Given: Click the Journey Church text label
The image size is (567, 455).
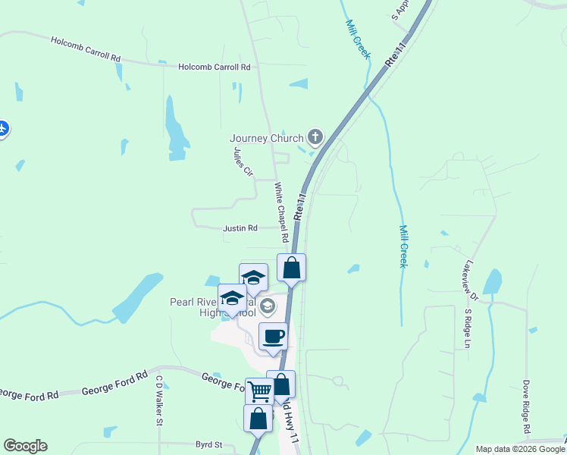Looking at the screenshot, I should pos(266,138).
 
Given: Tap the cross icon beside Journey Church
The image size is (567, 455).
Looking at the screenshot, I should pos(315,137).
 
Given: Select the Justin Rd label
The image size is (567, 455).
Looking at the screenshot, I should pos(240,228).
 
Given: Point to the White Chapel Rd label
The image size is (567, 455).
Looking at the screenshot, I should pos(282,212).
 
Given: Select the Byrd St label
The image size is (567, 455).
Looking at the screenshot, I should pos(208,444).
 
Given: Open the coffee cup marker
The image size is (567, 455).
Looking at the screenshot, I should pos(273,336).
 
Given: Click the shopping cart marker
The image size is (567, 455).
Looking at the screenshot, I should pos(259,391).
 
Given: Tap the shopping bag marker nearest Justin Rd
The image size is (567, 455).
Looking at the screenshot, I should pos(292,267).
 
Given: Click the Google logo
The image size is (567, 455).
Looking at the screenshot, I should pos(25,446).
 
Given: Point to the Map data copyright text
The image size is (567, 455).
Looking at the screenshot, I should pos(520,449).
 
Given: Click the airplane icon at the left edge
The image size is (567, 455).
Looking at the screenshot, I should pos(3,128).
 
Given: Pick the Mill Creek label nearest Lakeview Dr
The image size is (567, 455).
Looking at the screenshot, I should pos(404,246).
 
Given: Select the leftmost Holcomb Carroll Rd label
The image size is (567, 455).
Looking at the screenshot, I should pos(86,48).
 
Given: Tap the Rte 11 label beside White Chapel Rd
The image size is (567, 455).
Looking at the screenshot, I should pos(300,206).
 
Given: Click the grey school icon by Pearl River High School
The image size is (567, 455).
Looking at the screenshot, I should pos(267,306).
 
